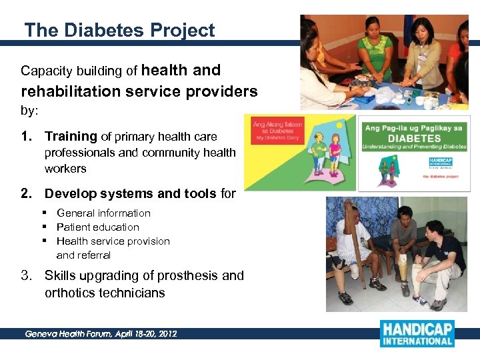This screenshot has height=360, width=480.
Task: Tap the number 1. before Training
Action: (x=27, y=137)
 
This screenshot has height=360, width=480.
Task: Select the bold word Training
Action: (x=71, y=137)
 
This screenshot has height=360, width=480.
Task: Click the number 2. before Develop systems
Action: (x=27, y=194)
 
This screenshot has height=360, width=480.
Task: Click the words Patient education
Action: (x=97, y=227)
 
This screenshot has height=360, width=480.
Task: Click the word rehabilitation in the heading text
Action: (x=71, y=91)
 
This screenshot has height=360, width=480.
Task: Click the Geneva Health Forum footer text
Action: (x=101, y=333)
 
